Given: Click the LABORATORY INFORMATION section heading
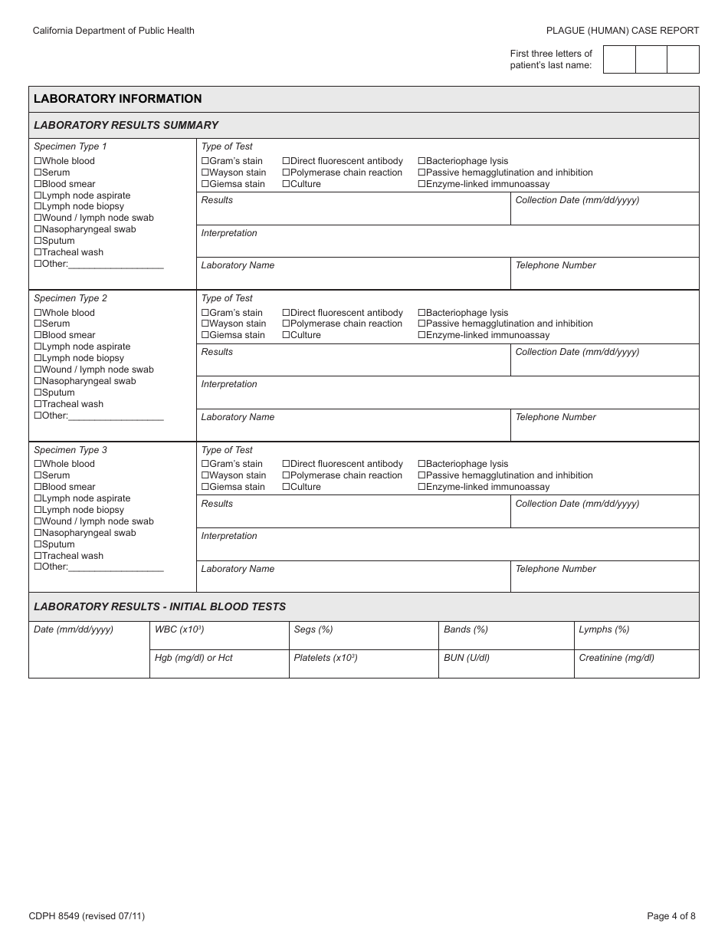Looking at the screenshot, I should [x=117, y=99].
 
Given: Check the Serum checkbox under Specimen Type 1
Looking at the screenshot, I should [x=38, y=172].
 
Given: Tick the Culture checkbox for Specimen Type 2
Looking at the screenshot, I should [x=286, y=335].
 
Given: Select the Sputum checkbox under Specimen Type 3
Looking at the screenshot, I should [x=38, y=544].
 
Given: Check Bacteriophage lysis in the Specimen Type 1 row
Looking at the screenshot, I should [x=421, y=161].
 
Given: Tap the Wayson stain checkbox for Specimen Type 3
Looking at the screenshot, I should [x=205, y=475].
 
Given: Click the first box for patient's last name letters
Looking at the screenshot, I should [x=619, y=60].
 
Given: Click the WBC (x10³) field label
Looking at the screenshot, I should [x=179, y=629].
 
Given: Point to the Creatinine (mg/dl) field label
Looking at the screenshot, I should [x=616, y=658].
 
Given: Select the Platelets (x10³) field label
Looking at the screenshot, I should [x=325, y=658].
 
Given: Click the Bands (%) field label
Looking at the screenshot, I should [x=465, y=629].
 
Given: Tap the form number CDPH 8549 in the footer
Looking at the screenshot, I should [x=86, y=915].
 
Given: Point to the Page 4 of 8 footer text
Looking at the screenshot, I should [x=671, y=915].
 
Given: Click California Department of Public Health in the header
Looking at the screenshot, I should [x=113, y=31].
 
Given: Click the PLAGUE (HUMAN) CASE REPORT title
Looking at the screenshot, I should [x=622, y=31].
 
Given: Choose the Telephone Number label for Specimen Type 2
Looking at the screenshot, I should [x=555, y=417].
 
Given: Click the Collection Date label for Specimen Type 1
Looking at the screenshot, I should [x=576, y=200].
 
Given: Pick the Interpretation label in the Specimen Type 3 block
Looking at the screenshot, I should [x=229, y=536].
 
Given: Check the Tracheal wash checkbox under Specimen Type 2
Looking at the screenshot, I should [x=38, y=404].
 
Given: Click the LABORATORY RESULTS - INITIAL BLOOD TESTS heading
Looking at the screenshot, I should [x=159, y=606].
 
